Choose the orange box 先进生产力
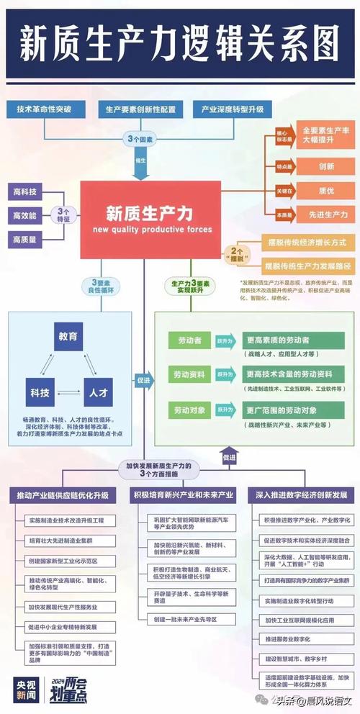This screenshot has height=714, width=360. click(x=327, y=214)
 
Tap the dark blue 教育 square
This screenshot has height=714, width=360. click(x=70, y=336)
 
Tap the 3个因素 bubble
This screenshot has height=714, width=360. click(x=139, y=137)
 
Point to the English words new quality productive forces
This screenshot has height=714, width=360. click(x=152, y=229)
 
